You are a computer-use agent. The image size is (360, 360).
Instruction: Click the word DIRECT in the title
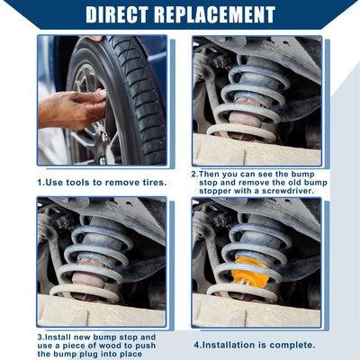pos(117,14)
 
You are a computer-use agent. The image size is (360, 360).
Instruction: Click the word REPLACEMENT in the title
pos(215,14)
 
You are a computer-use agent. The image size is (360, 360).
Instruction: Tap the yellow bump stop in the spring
pos(249,273)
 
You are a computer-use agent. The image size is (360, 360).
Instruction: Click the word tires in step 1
pos(153,183)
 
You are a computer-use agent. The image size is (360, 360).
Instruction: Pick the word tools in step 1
pos(77,183)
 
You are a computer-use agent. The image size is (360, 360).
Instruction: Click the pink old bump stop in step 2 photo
pos(245,118)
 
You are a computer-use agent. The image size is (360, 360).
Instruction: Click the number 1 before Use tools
pos(40,183)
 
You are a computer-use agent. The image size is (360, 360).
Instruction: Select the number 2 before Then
pos(193,174)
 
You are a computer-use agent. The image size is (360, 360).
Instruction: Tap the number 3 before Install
pos(40,337)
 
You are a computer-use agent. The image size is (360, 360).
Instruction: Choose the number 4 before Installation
pos(196,345)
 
